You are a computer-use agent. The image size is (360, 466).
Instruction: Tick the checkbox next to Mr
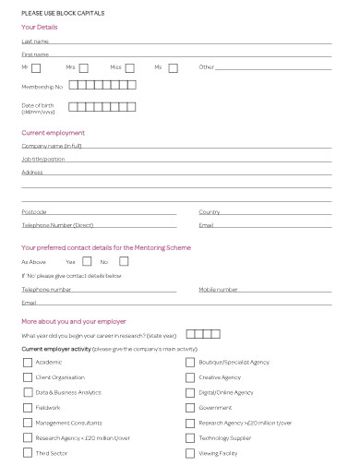[36, 67]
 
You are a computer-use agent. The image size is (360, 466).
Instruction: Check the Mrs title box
[83, 67]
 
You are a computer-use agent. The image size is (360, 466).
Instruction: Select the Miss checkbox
[129, 67]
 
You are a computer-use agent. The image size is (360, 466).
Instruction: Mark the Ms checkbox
[172, 67]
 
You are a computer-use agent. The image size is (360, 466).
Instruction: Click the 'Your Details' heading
[39, 27]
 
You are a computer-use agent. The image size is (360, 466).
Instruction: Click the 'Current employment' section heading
[53, 133]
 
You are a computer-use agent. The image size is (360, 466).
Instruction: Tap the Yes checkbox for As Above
[87, 262]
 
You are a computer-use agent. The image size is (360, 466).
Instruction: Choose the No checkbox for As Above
[124, 262]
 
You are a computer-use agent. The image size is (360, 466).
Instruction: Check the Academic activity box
[27, 363]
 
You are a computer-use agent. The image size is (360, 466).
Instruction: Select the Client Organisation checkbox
[27, 377]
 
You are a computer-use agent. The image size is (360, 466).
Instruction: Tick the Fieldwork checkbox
[27, 407]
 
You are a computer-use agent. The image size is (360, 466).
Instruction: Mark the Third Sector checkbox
[27, 453]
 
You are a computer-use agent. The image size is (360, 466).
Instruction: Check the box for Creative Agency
[190, 377]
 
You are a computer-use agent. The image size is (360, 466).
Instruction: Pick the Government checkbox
[190, 407]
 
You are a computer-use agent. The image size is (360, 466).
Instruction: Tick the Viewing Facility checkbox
[190, 453]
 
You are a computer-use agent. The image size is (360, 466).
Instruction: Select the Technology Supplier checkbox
[190, 437]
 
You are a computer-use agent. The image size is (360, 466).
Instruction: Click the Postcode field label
[33, 212]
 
